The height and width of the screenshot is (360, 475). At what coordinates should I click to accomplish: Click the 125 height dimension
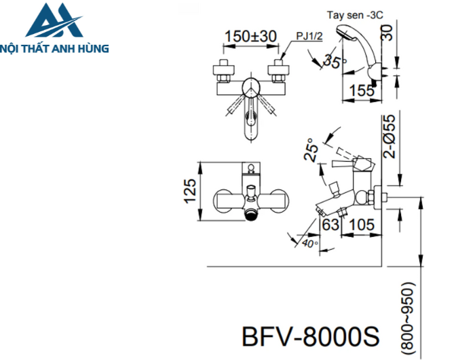(190, 192)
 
